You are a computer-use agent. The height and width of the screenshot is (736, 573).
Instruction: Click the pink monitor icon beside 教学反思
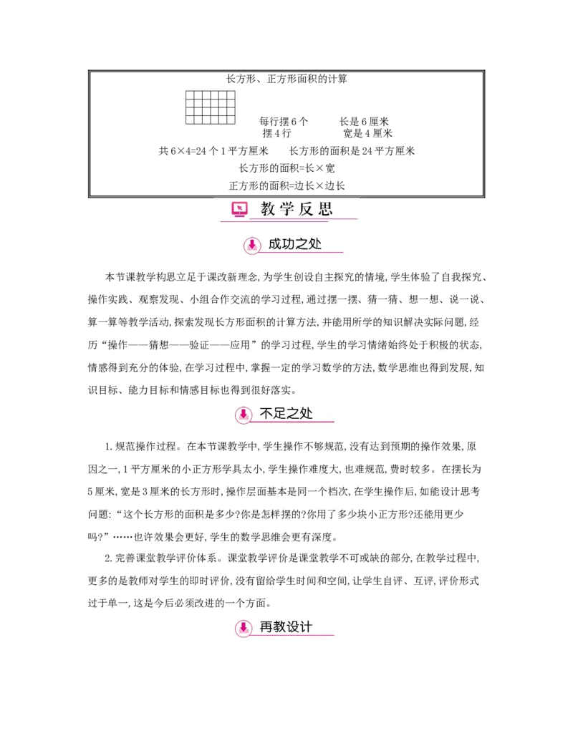(x=239, y=209)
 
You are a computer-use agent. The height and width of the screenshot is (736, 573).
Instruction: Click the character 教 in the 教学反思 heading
(x=268, y=209)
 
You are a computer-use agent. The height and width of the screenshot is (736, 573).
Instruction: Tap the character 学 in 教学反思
(x=288, y=209)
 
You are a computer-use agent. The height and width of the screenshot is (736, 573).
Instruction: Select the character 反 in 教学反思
(x=307, y=209)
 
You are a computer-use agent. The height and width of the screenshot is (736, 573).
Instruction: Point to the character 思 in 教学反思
(x=326, y=209)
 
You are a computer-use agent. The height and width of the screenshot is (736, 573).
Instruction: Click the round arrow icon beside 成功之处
(x=252, y=245)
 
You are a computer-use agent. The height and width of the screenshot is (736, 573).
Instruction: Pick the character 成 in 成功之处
(x=275, y=243)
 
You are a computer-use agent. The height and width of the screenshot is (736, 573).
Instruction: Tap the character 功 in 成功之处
(x=289, y=243)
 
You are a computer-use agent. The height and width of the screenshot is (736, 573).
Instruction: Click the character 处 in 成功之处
(x=315, y=243)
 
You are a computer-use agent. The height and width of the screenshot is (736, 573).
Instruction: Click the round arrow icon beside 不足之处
(x=244, y=415)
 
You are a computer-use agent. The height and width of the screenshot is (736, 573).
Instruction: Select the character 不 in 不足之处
(x=266, y=413)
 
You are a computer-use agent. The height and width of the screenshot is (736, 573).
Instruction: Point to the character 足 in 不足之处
(x=280, y=413)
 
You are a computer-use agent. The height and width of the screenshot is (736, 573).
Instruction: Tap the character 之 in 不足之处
(x=293, y=413)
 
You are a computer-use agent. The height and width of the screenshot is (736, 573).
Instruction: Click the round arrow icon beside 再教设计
(x=244, y=628)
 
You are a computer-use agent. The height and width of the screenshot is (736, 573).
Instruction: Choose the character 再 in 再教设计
(x=266, y=626)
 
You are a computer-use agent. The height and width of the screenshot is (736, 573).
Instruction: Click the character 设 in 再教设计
(x=293, y=626)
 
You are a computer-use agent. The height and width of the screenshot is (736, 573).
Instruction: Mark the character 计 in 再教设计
(x=307, y=626)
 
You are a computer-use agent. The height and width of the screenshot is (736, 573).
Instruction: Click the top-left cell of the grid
(x=190, y=95)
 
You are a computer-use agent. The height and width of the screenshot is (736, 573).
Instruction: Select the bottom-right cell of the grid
(x=231, y=119)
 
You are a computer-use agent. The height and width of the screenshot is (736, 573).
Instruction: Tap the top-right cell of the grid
(x=231, y=95)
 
